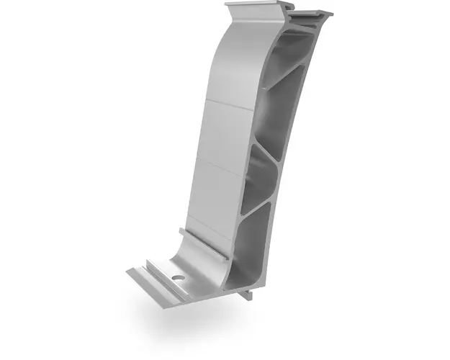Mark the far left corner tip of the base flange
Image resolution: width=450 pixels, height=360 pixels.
point(127,271)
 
